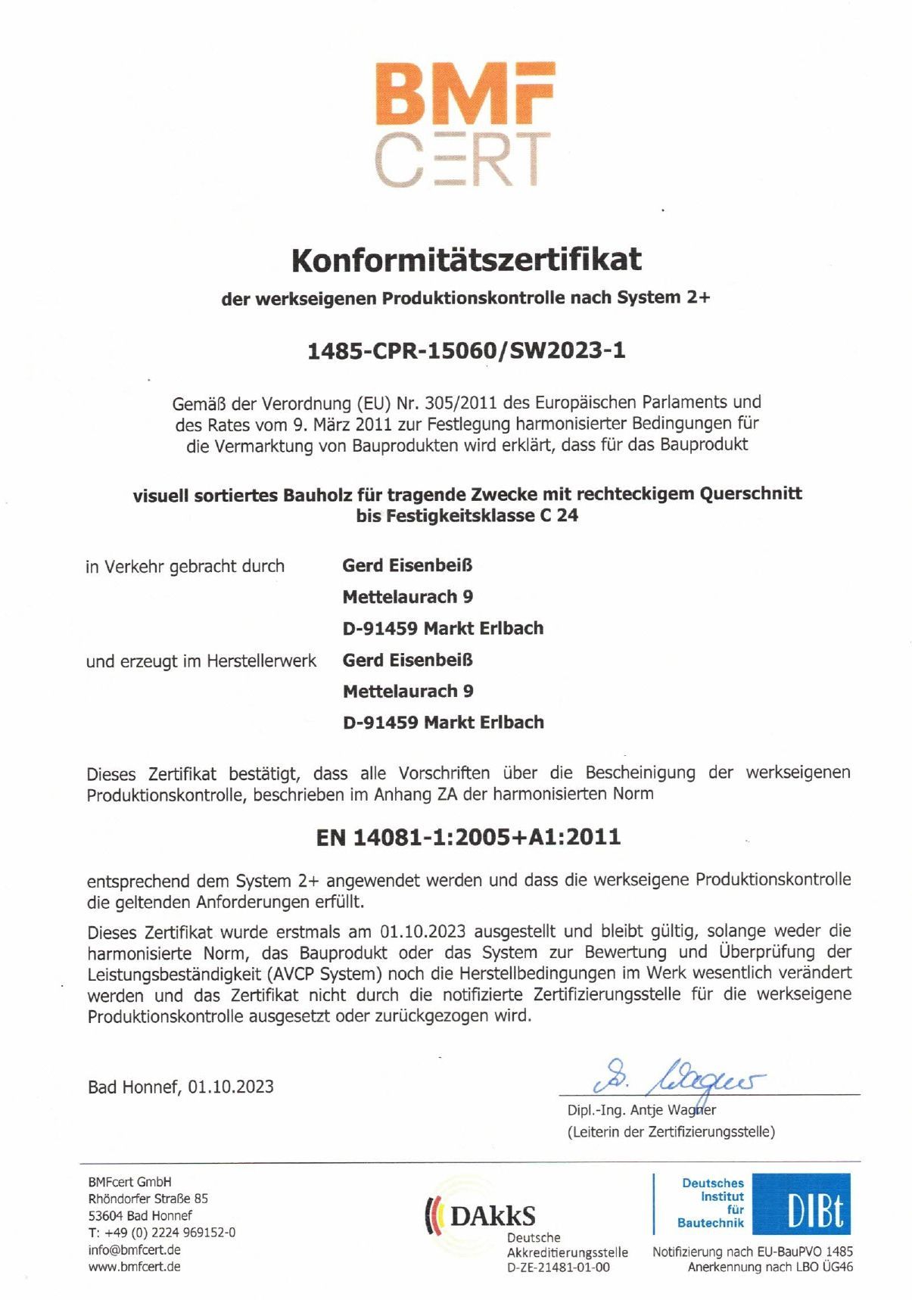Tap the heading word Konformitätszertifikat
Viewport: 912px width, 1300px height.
coord(466,260)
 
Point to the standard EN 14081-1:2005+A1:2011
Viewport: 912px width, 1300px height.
coord(468,837)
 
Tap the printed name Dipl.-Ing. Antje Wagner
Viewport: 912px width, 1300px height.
coord(641,1110)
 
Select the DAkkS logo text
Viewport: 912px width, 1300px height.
coord(492,1216)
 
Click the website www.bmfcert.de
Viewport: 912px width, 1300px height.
coord(134,1266)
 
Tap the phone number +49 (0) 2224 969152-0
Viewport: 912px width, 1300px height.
coord(167,1232)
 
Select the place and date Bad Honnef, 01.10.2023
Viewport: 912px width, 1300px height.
coord(181,1087)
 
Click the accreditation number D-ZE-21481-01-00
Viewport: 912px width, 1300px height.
coord(558,1267)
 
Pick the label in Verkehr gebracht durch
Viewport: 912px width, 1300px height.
coord(185,566)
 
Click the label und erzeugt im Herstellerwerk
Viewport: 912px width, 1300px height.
coord(201,661)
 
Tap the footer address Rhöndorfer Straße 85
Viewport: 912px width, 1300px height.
coord(148,1199)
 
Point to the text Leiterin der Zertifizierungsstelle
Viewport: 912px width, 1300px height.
coord(671,1132)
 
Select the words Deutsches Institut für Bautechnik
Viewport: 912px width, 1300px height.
coord(711,1202)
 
